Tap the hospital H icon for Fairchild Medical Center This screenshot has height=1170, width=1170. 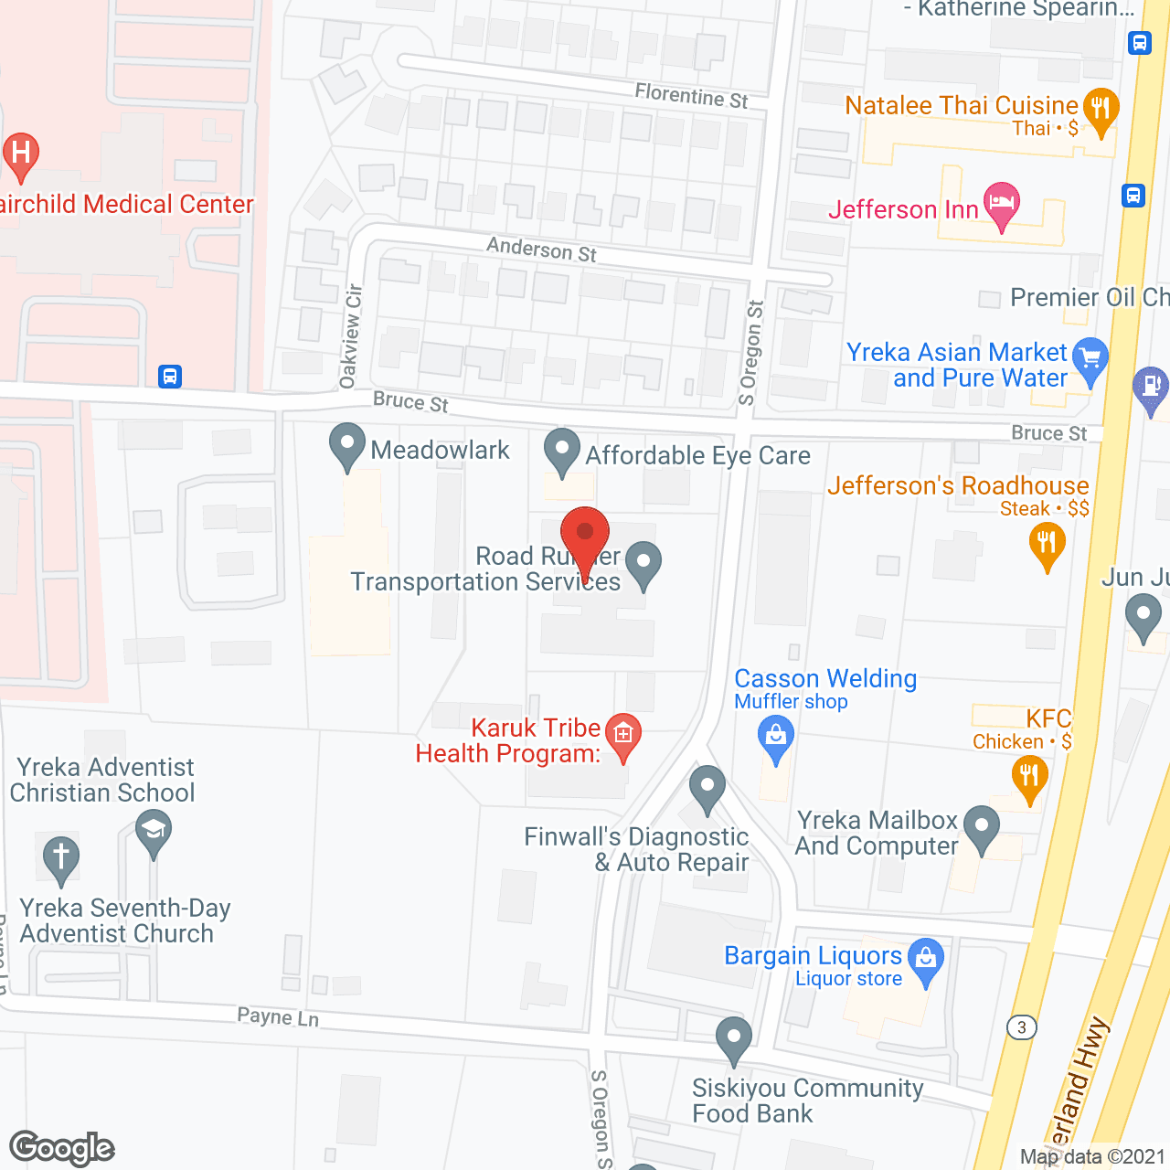21,153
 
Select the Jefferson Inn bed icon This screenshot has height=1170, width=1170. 1001,203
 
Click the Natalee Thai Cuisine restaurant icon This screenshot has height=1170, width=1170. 1101,109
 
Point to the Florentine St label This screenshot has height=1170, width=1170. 691,94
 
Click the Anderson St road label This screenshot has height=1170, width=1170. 541,249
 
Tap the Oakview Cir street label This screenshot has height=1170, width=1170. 351,335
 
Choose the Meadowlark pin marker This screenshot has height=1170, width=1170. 346,445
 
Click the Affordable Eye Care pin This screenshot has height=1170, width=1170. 561,451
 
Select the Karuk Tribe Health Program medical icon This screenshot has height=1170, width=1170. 623,734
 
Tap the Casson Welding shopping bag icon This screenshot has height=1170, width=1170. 776,736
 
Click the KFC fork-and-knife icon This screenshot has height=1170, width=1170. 1029,778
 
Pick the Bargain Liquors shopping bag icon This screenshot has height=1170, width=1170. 926,959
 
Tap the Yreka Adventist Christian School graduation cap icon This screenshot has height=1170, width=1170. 154,831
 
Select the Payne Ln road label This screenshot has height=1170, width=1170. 278,1016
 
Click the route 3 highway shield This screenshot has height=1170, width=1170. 1021,1027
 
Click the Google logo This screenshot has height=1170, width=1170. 62,1148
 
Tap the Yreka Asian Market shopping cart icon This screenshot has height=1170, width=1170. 1090,357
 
